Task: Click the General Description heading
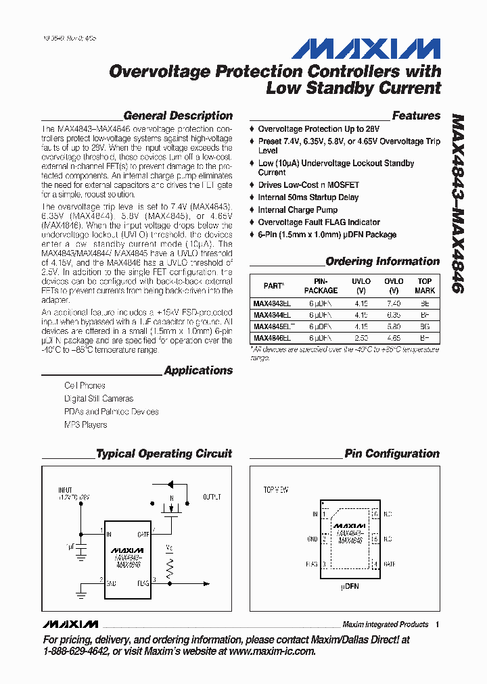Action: (x=178, y=116)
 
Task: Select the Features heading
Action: (x=416, y=116)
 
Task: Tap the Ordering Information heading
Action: (x=382, y=262)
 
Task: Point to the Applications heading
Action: (x=198, y=370)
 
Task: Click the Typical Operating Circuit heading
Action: (x=164, y=454)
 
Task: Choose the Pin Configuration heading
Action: (x=392, y=454)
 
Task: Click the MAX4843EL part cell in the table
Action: (x=272, y=304)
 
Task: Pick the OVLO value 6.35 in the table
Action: (x=394, y=315)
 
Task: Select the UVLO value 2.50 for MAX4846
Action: (x=362, y=337)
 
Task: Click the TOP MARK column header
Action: (x=425, y=285)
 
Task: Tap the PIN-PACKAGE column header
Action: (x=321, y=285)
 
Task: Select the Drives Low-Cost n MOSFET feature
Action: (x=308, y=185)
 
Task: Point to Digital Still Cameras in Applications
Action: (x=99, y=399)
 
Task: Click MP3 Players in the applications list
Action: (x=86, y=424)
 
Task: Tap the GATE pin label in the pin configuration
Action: (x=389, y=564)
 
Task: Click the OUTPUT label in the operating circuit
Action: (x=212, y=497)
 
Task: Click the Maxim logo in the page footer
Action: (x=70, y=624)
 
